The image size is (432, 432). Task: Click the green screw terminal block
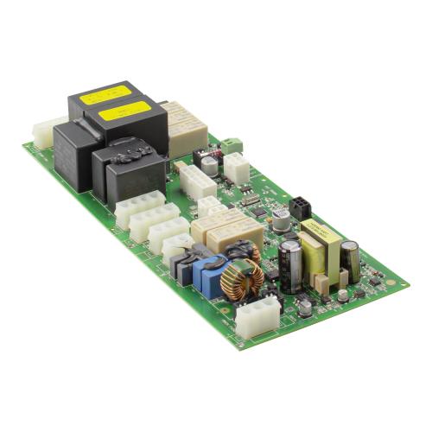coord(232,145)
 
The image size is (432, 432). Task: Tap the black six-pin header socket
coord(300,206)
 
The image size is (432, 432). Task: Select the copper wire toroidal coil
coord(242,279)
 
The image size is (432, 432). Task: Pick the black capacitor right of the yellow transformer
coord(350,259)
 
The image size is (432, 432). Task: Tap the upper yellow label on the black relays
coord(105,92)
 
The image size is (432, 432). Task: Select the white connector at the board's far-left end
coord(48,131)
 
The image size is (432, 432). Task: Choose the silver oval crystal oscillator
coord(250,200)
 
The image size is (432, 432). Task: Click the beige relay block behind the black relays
coord(187,126)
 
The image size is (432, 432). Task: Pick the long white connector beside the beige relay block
coord(196,182)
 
